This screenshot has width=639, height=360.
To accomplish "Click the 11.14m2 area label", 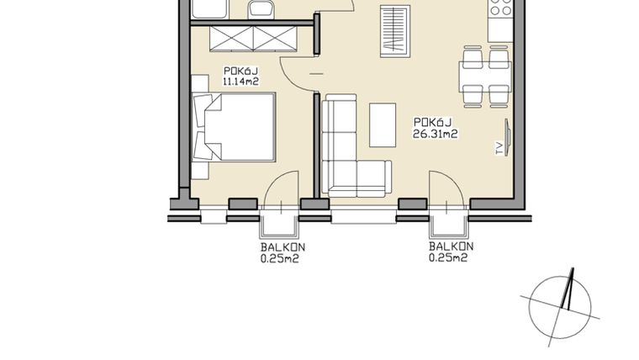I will click(x=239, y=82).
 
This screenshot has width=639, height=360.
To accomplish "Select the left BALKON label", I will click(x=282, y=247).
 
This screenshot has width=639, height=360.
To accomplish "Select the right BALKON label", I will click(x=450, y=247).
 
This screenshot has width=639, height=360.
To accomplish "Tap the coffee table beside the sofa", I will click(x=383, y=124).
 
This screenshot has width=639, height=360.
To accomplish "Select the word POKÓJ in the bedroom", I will click(x=239, y=71).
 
